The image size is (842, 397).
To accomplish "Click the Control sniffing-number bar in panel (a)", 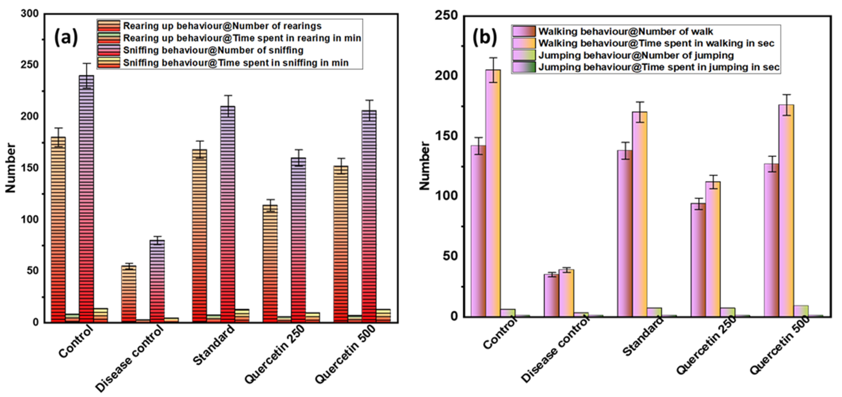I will click(x=87, y=199).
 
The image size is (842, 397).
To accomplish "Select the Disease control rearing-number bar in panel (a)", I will click(x=129, y=294).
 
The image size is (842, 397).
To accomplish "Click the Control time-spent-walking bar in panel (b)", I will click(x=493, y=193).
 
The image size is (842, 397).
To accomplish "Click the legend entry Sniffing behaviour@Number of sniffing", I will click(x=213, y=50).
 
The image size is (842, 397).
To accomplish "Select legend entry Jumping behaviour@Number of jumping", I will click(x=636, y=55).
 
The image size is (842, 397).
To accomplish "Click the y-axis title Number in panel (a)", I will click(x=10, y=168).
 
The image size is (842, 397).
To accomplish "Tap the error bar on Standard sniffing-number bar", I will click(x=228, y=106).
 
